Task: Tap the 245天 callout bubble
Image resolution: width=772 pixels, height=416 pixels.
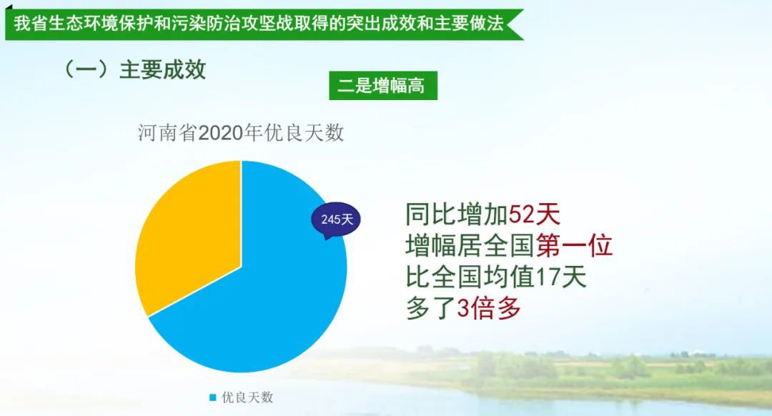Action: (336, 219)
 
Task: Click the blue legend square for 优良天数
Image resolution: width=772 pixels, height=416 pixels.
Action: (213, 397)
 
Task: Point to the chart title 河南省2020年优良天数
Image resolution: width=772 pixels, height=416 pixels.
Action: (241, 133)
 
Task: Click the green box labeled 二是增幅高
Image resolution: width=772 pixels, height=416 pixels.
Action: (383, 86)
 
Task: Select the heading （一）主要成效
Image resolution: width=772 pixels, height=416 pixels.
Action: (134, 69)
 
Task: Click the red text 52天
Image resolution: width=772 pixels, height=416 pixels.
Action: (534, 214)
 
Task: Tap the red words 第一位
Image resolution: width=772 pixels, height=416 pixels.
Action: (574, 245)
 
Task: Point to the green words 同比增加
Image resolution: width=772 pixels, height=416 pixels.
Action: (457, 214)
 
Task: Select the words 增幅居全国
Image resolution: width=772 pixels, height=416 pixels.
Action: (470, 245)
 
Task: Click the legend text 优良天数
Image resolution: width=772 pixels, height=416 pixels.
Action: (247, 397)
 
